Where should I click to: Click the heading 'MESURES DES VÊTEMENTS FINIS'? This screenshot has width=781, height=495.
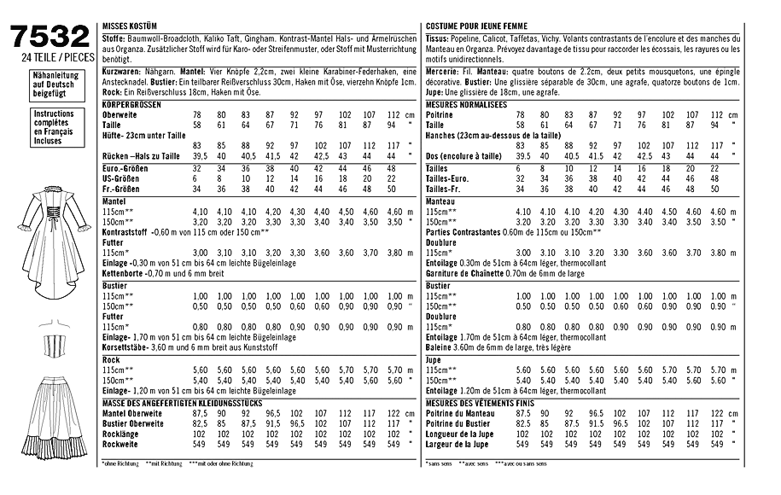(482, 403)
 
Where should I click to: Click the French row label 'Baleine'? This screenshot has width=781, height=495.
(441, 347)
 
